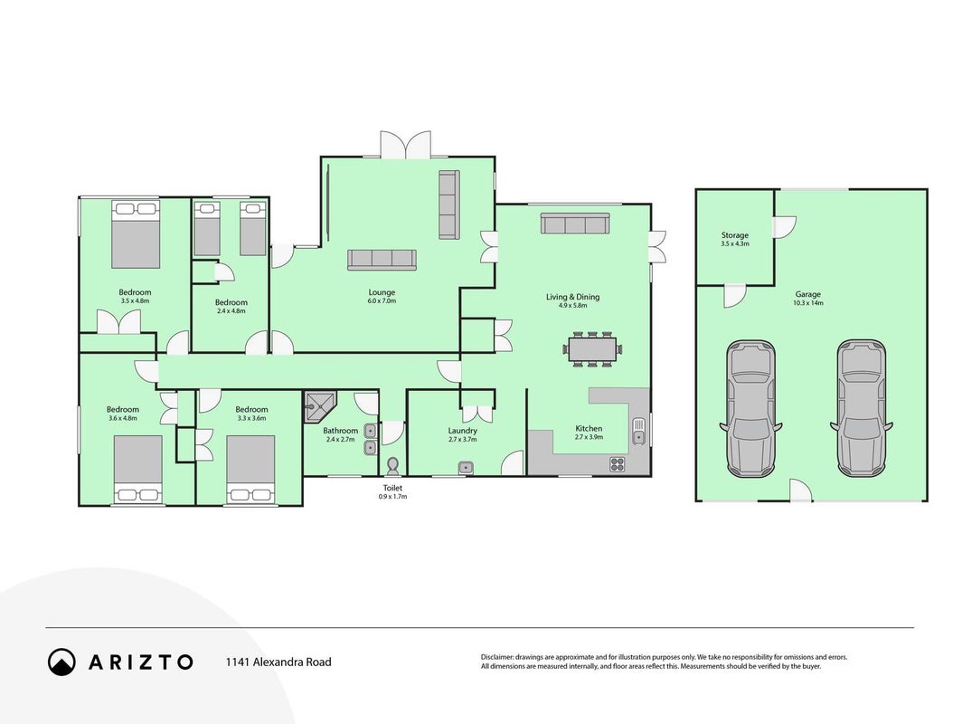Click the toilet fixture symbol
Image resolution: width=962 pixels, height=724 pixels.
click(392, 467)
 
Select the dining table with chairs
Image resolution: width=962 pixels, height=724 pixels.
click(592, 349)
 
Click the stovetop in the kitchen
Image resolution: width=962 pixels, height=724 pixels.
click(618, 464)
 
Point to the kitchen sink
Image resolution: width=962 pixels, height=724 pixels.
click(638, 431)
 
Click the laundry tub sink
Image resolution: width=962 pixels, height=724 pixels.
click(466, 467)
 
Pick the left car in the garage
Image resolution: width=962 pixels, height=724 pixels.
click(751, 409)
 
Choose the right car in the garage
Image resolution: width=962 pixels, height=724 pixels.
click(862, 408)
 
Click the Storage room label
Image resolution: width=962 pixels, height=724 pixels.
click(734, 235)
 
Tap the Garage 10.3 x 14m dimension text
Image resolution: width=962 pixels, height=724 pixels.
click(808, 303)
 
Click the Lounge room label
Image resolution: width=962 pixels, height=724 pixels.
click(382, 292)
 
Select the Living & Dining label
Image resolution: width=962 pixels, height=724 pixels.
click(572, 297)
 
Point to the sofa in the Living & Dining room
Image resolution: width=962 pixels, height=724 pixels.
click(574, 224)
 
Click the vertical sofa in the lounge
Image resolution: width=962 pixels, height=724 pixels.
click(449, 205)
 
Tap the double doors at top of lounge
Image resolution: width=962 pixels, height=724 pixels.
click(406, 145)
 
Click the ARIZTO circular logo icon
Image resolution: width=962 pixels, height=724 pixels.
click(62, 662)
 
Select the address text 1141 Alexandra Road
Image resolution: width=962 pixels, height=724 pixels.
click(278, 662)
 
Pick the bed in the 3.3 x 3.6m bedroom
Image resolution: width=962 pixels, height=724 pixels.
click(250, 470)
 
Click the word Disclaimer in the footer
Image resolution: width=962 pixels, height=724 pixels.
click(497, 657)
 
